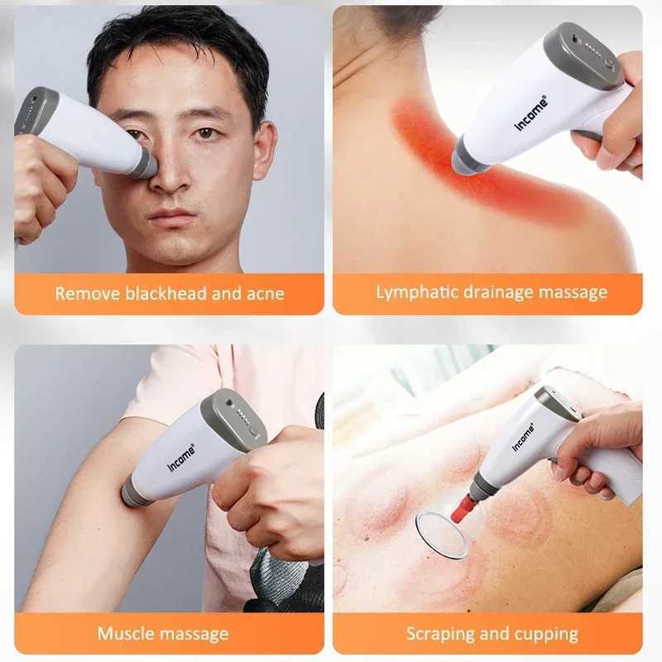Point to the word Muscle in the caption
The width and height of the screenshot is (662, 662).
click(125, 635)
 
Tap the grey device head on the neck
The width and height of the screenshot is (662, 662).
click(468, 155)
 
